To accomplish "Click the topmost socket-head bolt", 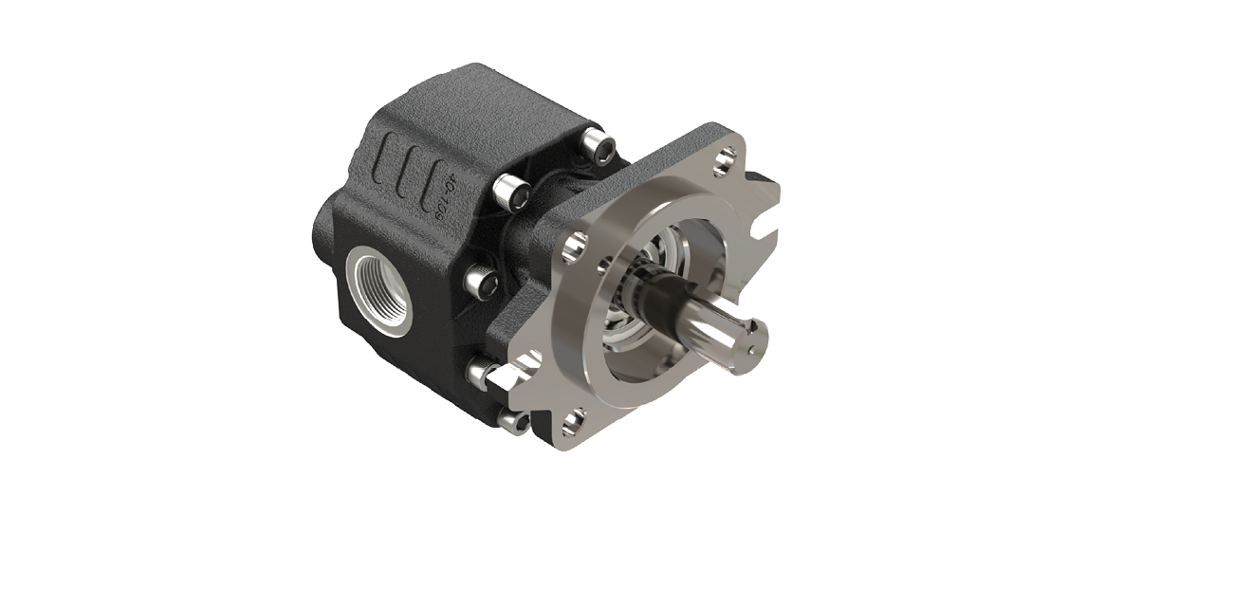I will (598, 146).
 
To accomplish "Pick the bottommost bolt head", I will (513, 421).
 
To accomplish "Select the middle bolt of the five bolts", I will (482, 281).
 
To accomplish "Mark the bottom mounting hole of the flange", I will (572, 420).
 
